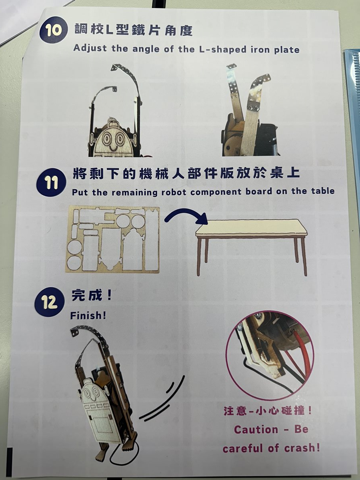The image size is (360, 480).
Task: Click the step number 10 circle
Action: coord(53,31)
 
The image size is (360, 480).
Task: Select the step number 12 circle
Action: coord(50,303)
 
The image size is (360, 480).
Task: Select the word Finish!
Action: coord(88,316)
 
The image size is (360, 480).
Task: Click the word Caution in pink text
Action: coord(256,429)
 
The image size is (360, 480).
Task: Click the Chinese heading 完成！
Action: coord(92,296)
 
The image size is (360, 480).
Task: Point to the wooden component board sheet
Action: coord(112,240)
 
